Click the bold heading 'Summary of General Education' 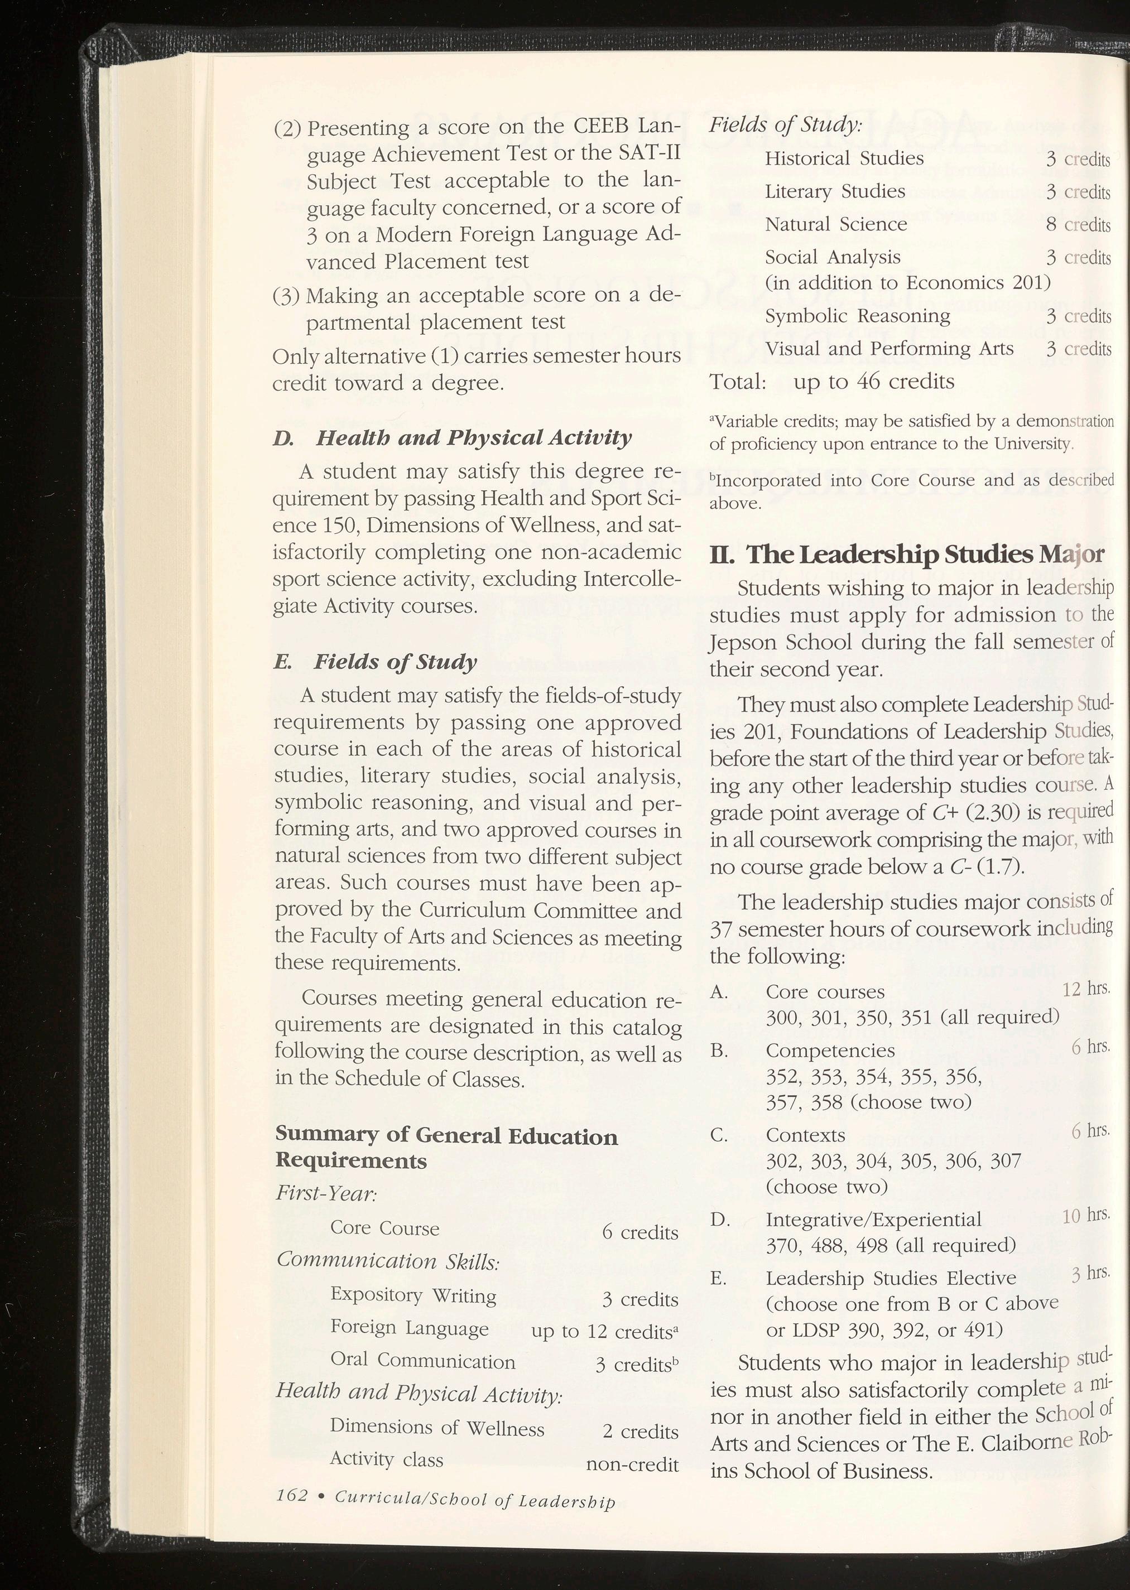[447, 1136]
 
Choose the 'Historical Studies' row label [844, 158]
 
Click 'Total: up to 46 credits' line [831, 381]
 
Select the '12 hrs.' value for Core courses [1085, 989]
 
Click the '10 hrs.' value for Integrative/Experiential [1085, 1215]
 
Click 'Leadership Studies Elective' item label [891, 1278]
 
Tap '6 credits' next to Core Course [639, 1232]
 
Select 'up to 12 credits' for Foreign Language [604, 1331]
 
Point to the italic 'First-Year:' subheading [326, 1193]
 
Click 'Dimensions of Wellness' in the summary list [437, 1427]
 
